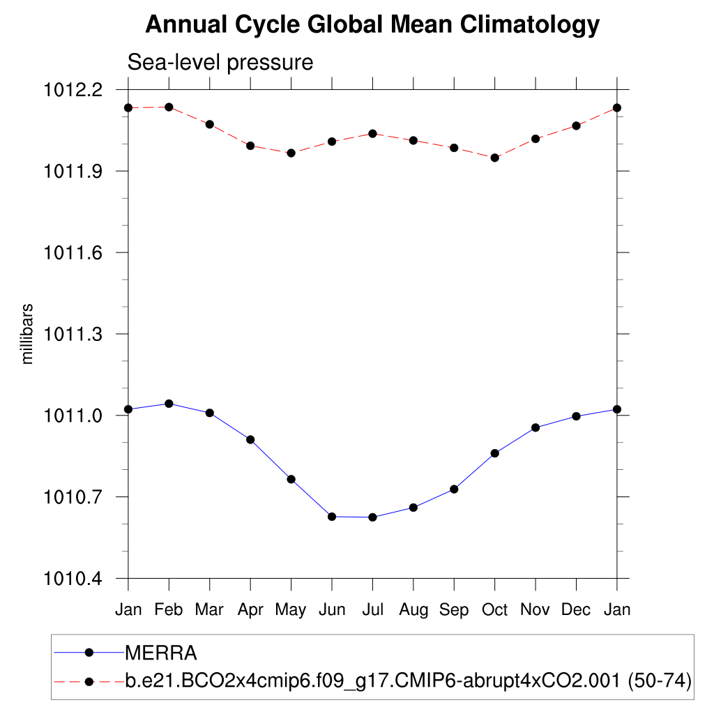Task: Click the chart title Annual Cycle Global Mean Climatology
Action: click(x=372, y=25)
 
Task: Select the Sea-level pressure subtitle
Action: click(x=220, y=62)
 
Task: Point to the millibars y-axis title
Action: click(x=27, y=334)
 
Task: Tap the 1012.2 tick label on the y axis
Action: click(x=73, y=90)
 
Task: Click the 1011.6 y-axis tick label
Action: click(x=73, y=252)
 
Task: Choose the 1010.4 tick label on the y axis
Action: click(x=73, y=579)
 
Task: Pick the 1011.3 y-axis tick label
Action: click(x=73, y=334)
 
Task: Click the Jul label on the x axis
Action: click(x=372, y=610)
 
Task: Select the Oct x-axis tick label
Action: click(x=495, y=610)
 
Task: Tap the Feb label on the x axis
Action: click(x=169, y=610)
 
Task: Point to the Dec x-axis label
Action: click(x=577, y=610)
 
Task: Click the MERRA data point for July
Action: click(x=372, y=517)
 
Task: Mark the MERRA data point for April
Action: click(x=250, y=439)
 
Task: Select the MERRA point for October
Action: click(x=495, y=453)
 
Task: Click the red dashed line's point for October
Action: click(x=495, y=158)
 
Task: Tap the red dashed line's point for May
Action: click(x=291, y=153)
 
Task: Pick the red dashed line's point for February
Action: click(x=169, y=107)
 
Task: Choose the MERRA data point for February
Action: click(x=169, y=404)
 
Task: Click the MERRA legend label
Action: click(x=161, y=653)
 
